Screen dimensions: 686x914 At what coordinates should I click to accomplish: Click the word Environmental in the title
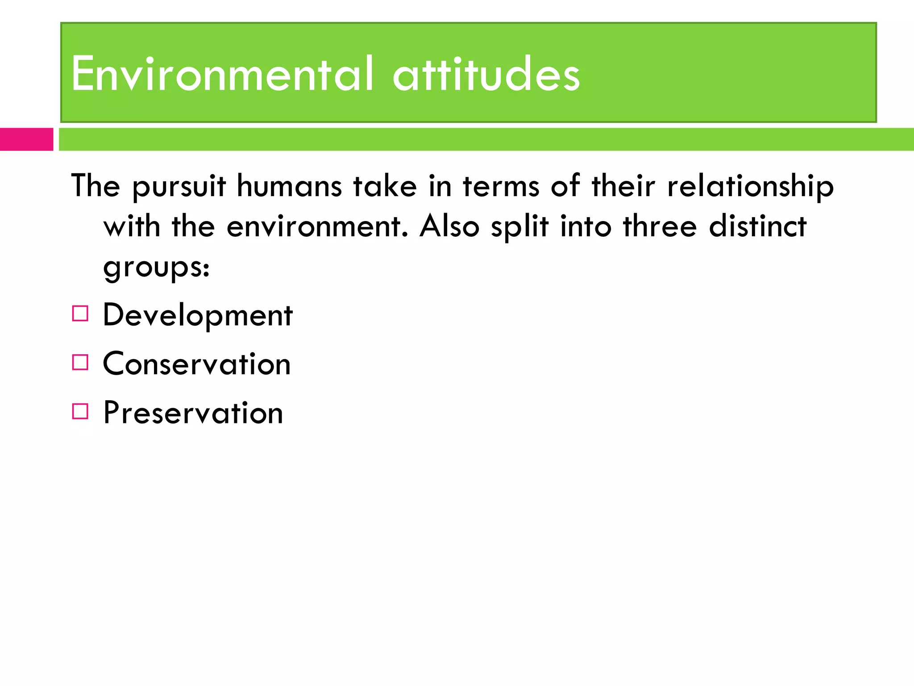coord(222,74)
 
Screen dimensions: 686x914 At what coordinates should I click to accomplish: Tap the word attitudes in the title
coord(486,75)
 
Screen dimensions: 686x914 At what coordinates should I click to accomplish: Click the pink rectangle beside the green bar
coord(26,139)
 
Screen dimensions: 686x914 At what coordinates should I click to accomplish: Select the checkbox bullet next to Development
coord(80,314)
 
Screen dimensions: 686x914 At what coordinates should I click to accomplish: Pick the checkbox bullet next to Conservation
coord(80,362)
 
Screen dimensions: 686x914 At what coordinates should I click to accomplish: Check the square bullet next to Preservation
coord(80,411)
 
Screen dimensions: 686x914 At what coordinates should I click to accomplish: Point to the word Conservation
coord(197,364)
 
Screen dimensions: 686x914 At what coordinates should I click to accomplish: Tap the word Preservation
coord(193,413)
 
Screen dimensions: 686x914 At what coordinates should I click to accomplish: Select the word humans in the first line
coord(289,186)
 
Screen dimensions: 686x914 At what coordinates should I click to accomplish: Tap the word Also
coord(449,226)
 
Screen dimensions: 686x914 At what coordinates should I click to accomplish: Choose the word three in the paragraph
coord(660,226)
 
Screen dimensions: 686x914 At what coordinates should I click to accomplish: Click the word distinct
coord(758,226)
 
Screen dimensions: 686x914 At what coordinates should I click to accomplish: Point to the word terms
coord(501,186)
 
